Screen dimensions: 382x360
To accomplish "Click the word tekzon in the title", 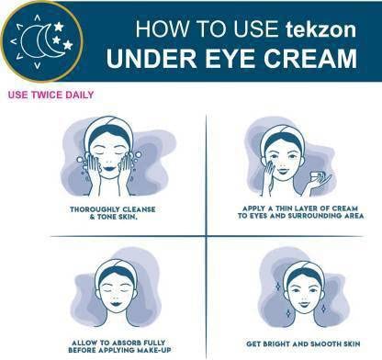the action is (x=321, y=29).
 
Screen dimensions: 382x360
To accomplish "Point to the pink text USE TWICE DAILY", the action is (x=51, y=95).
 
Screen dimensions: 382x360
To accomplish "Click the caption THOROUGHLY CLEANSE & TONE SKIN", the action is (x=113, y=213).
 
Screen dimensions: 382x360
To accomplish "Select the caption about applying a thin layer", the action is (x=300, y=212).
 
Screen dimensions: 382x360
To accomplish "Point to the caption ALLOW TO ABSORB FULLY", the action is (x=119, y=346).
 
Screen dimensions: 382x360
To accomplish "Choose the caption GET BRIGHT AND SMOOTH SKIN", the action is (x=303, y=343).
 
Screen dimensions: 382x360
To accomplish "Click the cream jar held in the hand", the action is (x=317, y=178).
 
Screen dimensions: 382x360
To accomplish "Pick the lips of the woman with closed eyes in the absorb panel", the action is (x=117, y=304).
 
